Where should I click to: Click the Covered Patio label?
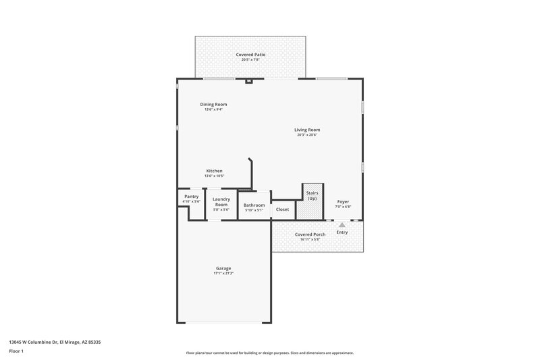click(x=250, y=54)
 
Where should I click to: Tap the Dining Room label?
click(x=213, y=104)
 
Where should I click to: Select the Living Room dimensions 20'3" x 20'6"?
click(x=307, y=135)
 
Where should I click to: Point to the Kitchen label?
click(x=214, y=171)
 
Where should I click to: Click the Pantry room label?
click(x=192, y=197)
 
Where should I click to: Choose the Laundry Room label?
click(x=221, y=201)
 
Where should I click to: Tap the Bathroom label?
click(x=254, y=205)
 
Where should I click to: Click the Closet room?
click(x=283, y=209)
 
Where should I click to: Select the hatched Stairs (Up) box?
click(x=312, y=201)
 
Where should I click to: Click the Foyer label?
click(x=343, y=201)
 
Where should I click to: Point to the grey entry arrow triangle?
click(x=342, y=225)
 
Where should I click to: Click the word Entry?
click(x=342, y=232)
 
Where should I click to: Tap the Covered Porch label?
click(x=310, y=234)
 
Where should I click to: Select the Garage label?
click(x=223, y=268)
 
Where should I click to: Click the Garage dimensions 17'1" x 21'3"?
click(x=223, y=274)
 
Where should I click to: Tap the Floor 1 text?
click(x=17, y=352)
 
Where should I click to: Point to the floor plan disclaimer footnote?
click(x=269, y=353)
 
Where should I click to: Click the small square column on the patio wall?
click(x=248, y=82)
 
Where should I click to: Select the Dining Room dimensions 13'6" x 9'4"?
click(x=213, y=110)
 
